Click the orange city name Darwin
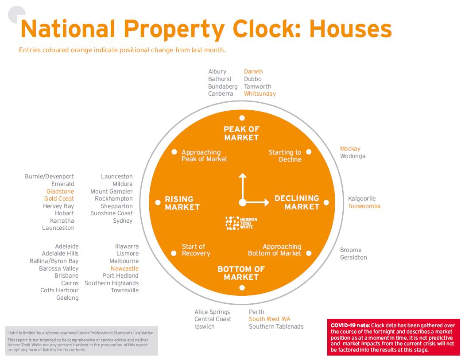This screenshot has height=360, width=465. coord(253,72)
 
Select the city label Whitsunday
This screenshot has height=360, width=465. coord(260,94)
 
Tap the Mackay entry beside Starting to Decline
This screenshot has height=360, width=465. coord(350,149)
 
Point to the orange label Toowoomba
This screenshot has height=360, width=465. coord(364,206)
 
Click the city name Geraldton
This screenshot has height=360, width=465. coord(353,258)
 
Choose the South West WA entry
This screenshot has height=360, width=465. coord(269,319)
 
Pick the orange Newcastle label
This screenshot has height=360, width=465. coord(124,269)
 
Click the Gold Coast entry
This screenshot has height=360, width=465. coord(59,199)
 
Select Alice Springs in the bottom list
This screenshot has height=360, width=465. coord(212,312)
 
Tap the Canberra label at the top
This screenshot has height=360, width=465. coord(221,94)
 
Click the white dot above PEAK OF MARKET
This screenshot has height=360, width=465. coord(242,118)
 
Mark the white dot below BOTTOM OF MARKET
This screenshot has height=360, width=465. coord(242,288)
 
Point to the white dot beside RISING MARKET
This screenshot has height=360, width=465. coord(158,203)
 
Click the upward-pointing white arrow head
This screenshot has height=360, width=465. coord(242,176)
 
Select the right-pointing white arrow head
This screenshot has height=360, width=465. coord(266,203)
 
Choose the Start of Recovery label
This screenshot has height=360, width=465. coord(196,250)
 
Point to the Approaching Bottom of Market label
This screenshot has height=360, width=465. coord(275,250)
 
